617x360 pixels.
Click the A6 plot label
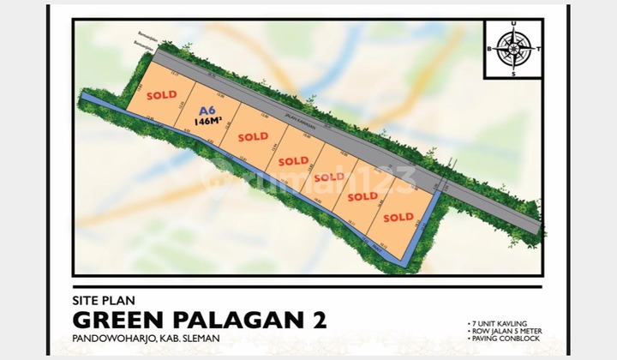207,111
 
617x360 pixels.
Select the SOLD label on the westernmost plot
161,96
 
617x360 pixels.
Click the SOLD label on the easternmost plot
398,217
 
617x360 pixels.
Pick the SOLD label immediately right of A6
253,136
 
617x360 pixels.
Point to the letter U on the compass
513,25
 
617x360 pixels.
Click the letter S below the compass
513,75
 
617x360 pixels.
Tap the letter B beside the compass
489,50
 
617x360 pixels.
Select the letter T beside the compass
537,50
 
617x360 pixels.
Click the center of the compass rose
513,49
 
